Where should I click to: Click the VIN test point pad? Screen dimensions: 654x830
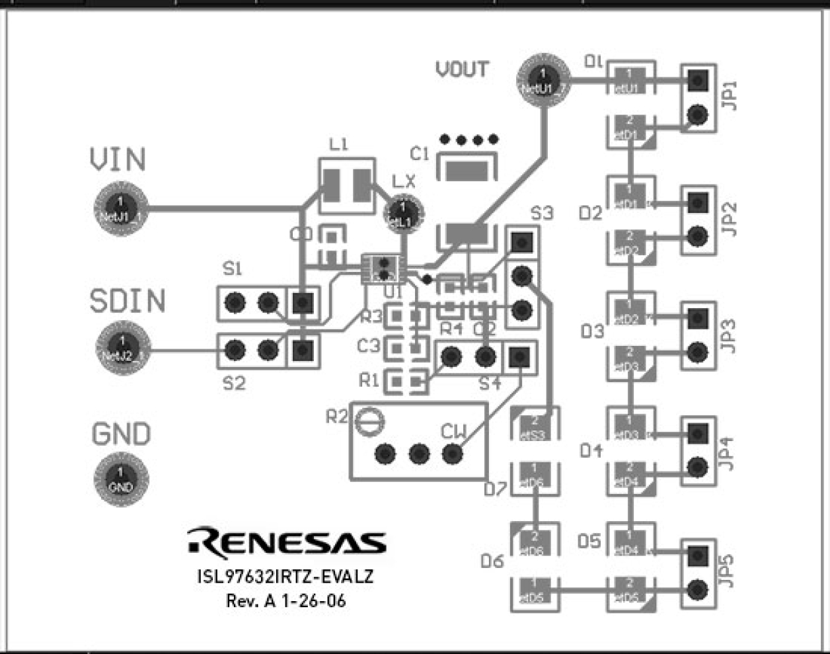120,208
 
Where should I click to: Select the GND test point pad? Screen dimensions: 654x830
120,479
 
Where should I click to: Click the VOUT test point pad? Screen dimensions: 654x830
543,80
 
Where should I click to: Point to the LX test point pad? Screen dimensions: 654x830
403,214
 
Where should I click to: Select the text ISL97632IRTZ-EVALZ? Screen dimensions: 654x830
285,576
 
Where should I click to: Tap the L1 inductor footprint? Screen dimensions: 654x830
346,185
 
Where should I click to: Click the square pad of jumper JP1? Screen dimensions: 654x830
697,81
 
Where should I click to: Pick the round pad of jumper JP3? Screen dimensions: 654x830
697,352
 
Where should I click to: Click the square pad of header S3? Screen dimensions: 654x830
522,243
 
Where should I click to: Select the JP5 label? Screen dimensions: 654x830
728,570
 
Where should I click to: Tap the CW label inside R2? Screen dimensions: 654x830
453,432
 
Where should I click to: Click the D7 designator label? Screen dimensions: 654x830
495,489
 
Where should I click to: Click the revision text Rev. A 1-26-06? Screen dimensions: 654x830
285,600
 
